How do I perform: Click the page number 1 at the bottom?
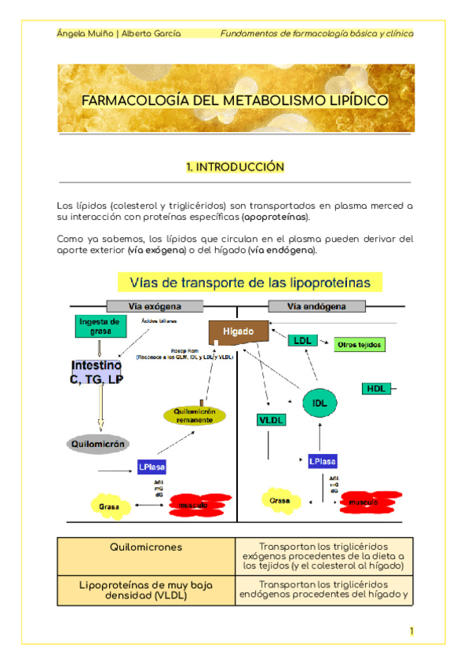point(411,631)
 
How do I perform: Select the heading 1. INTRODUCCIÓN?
point(235,167)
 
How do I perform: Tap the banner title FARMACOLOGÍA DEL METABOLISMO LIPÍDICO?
point(235,101)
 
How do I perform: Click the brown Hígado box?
point(237,332)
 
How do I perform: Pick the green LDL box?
point(301,341)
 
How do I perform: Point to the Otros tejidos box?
point(360,345)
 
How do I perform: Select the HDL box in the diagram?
point(375,389)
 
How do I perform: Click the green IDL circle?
point(319,403)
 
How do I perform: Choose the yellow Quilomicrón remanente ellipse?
point(195,415)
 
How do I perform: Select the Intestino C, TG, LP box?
point(97,372)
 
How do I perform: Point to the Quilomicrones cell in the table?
point(147,547)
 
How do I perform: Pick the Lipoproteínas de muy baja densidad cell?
point(147,591)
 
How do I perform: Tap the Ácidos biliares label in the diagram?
point(159,321)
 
